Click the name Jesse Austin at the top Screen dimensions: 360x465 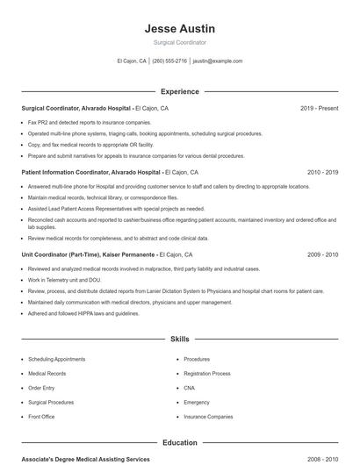coord(179,29)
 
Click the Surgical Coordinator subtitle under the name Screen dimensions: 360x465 coord(179,42)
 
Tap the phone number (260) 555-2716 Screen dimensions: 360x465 coord(169,61)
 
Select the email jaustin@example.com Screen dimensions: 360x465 coord(217,61)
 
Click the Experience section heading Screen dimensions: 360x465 coord(179,91)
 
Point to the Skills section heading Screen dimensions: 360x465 coord(179,338)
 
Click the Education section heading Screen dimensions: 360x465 coord(179,443)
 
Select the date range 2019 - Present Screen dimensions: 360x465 coord(319,108)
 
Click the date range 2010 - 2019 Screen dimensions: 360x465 coord(322,173)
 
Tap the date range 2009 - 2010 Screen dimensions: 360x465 coord(322,254)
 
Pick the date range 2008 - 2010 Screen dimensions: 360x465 coord(322,459)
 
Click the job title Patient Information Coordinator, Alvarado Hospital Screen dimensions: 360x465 coord(91,173)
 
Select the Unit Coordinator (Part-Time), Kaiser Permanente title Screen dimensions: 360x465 coord(89,254)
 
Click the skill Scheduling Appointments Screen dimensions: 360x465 coord(57,359)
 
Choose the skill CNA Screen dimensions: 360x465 coord(190,388)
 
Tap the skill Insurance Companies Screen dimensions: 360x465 coord(208,417)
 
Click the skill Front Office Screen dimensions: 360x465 coord(41,417)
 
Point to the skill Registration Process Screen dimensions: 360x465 coord(207,374)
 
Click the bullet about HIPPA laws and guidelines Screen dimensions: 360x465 coord(83,313)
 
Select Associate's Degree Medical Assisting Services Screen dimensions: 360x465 coord(85,459)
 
